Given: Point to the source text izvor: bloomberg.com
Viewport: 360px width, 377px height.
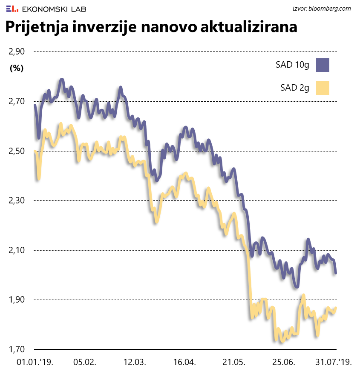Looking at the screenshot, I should (x=322, y=8).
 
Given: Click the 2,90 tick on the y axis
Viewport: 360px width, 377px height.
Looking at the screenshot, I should (x=17, y=51).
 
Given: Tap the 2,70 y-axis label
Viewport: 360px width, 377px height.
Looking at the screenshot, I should (x=17, y=101).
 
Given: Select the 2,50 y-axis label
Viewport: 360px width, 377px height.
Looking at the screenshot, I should (x=17, y=151).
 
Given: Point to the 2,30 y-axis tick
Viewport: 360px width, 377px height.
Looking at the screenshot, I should (x=17, y=200).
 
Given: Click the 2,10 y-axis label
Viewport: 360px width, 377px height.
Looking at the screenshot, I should (x=17, y=250).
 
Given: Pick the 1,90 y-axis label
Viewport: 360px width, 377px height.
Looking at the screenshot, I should (x=17, y=300).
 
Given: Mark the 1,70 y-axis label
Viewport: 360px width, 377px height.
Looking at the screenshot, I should (x=17, y=349).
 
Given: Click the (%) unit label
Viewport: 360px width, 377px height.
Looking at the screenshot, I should (x=17, y=68).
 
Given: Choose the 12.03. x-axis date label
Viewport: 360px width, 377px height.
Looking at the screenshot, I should (x=135, y=363).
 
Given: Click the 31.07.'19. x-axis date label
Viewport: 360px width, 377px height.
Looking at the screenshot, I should (x=333, y=363).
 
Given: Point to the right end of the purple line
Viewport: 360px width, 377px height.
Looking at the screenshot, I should (x=336, y=273).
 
